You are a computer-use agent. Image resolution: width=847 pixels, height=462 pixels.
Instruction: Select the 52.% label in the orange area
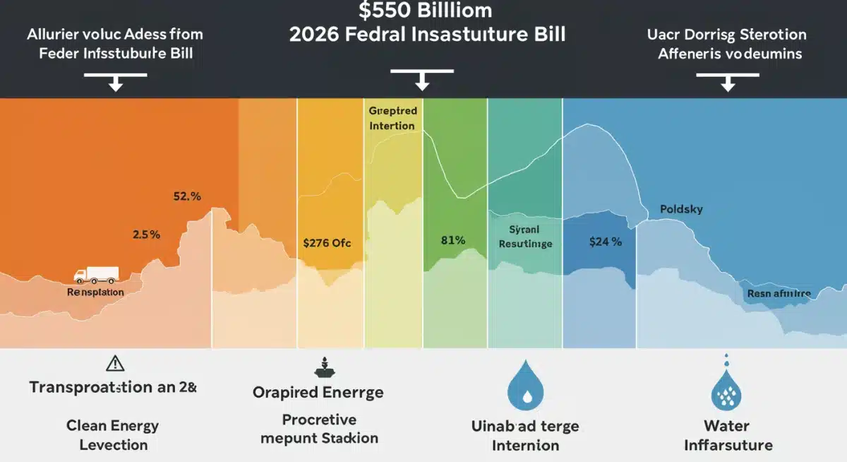(187, 197)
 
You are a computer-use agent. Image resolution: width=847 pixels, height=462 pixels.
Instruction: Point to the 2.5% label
(146, 233)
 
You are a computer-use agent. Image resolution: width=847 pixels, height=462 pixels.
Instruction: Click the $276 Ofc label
(326, 242)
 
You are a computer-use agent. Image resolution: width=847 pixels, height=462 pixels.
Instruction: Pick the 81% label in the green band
(452, 240)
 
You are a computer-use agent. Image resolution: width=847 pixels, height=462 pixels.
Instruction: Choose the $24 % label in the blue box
(605, 242)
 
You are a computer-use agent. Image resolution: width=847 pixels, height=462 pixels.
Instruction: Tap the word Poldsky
(681, 210)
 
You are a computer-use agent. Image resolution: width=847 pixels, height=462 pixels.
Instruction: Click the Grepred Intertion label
(392, 119)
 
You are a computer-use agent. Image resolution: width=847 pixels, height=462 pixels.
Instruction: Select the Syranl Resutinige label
(525, 237)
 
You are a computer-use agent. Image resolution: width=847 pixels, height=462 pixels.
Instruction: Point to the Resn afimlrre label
(779, 293)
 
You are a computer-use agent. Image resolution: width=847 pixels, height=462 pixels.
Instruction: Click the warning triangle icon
(114, 363)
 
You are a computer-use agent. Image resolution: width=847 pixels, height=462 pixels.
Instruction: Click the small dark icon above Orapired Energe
(318, 367)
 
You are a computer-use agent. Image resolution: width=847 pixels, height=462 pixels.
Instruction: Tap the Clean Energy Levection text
(113, 435)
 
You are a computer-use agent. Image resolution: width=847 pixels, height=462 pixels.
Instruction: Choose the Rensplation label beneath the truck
(95, 292)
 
